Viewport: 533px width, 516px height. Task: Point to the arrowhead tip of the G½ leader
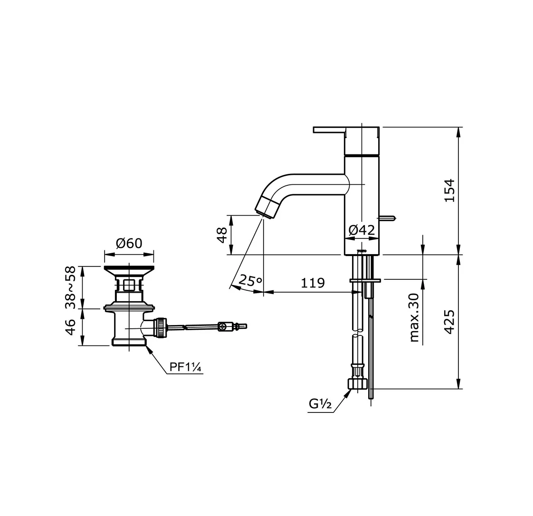tap(352, 390)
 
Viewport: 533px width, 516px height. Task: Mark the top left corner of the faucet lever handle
tap(314, 127)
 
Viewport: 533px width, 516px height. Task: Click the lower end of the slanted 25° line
tap(230, 288)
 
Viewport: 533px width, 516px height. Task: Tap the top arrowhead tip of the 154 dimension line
tap(458, 127)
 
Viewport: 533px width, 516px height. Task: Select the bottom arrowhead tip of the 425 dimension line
tap(458, 389)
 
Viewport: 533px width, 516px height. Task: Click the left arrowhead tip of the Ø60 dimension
tap(105, 254)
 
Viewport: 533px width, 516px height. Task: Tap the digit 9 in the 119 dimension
tap(320, 283)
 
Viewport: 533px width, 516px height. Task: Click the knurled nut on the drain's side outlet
tap(161, 327)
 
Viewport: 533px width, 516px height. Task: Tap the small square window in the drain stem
tap(128, 285)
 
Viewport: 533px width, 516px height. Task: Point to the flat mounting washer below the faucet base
tap(365, 280)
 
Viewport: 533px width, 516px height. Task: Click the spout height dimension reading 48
tap(222, 235)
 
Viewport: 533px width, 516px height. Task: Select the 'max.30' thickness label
tap(414, 317)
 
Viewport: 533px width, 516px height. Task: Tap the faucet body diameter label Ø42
tap(362, 230)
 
